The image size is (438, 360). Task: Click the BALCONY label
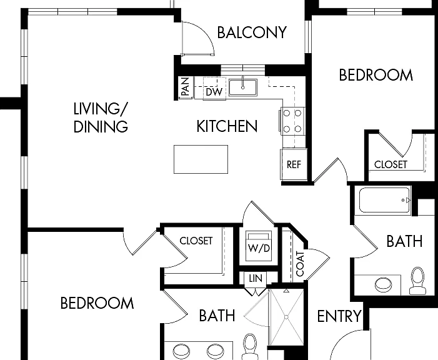252,32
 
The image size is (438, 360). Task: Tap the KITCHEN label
227,126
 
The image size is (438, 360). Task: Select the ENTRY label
339,316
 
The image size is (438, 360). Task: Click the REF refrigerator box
294,164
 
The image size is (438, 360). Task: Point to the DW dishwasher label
214,92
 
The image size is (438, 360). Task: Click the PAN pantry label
185,87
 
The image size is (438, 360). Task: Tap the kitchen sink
243,87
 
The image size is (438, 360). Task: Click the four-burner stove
292,121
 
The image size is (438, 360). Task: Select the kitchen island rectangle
201,159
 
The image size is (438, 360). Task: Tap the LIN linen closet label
256,278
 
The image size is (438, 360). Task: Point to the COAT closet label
300,264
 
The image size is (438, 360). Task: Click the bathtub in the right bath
385,200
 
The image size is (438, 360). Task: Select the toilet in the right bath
417,281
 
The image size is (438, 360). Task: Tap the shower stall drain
286,317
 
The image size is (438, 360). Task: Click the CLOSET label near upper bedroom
391,164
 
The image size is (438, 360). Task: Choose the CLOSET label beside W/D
196,241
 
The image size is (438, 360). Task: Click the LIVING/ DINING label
101,117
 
